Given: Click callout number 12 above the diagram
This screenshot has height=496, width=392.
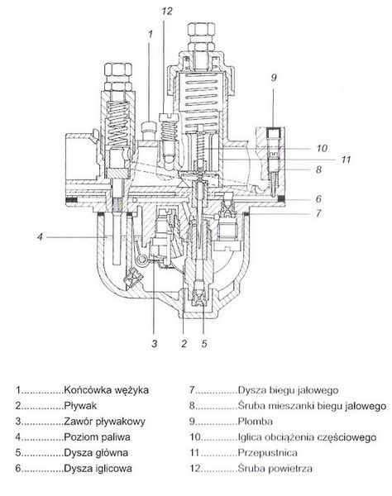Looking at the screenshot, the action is pyautogui.click(x=167, y=12).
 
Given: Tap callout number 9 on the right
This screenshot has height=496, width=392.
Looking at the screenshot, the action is pyautogui.click(x=274, y=77).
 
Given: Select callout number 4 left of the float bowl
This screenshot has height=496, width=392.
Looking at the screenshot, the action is pyautogui.click(x=40, y=236).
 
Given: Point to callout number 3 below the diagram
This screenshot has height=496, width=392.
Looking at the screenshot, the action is pyautogui.click(x=155, y=343).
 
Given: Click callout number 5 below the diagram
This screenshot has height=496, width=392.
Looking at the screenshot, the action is pyautogui.click(x=204, y=343).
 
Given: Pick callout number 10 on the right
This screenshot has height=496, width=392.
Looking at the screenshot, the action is pyautogui.click(x=322, y=148).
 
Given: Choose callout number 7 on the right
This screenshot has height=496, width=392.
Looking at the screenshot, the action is pyautogui.click(x=318, y=213).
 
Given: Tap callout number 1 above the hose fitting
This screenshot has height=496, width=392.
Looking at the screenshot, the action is pyautogui.click(x=151, y=34).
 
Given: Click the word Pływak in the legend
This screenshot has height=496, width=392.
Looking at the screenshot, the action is pyautogui.click(x=80, y=406).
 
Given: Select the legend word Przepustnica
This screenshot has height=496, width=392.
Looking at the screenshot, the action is pyautogui.click(x=267, y=453).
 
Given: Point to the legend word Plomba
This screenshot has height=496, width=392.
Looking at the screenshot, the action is pyautogui.click(x=255, y=422).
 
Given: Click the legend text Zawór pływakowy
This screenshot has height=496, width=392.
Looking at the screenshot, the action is pyautogui.click(x=105, y=422).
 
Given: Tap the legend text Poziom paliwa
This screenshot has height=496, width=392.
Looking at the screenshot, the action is pyautogui.click(x=97, y=437).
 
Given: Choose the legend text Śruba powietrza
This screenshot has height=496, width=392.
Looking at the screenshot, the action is pyautogui.click(x=275, y=468).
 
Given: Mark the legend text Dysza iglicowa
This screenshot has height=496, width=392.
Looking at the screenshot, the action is pyautogui.click(x=98, y=468).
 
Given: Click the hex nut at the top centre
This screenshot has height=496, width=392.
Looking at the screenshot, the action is pyautogui.click(x=202, y=30).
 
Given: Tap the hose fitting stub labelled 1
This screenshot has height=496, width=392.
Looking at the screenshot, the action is pyautogui.click(x=149, y=131).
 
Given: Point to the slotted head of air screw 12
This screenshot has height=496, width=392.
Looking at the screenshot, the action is pyautogui.click(x=170, y=117).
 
